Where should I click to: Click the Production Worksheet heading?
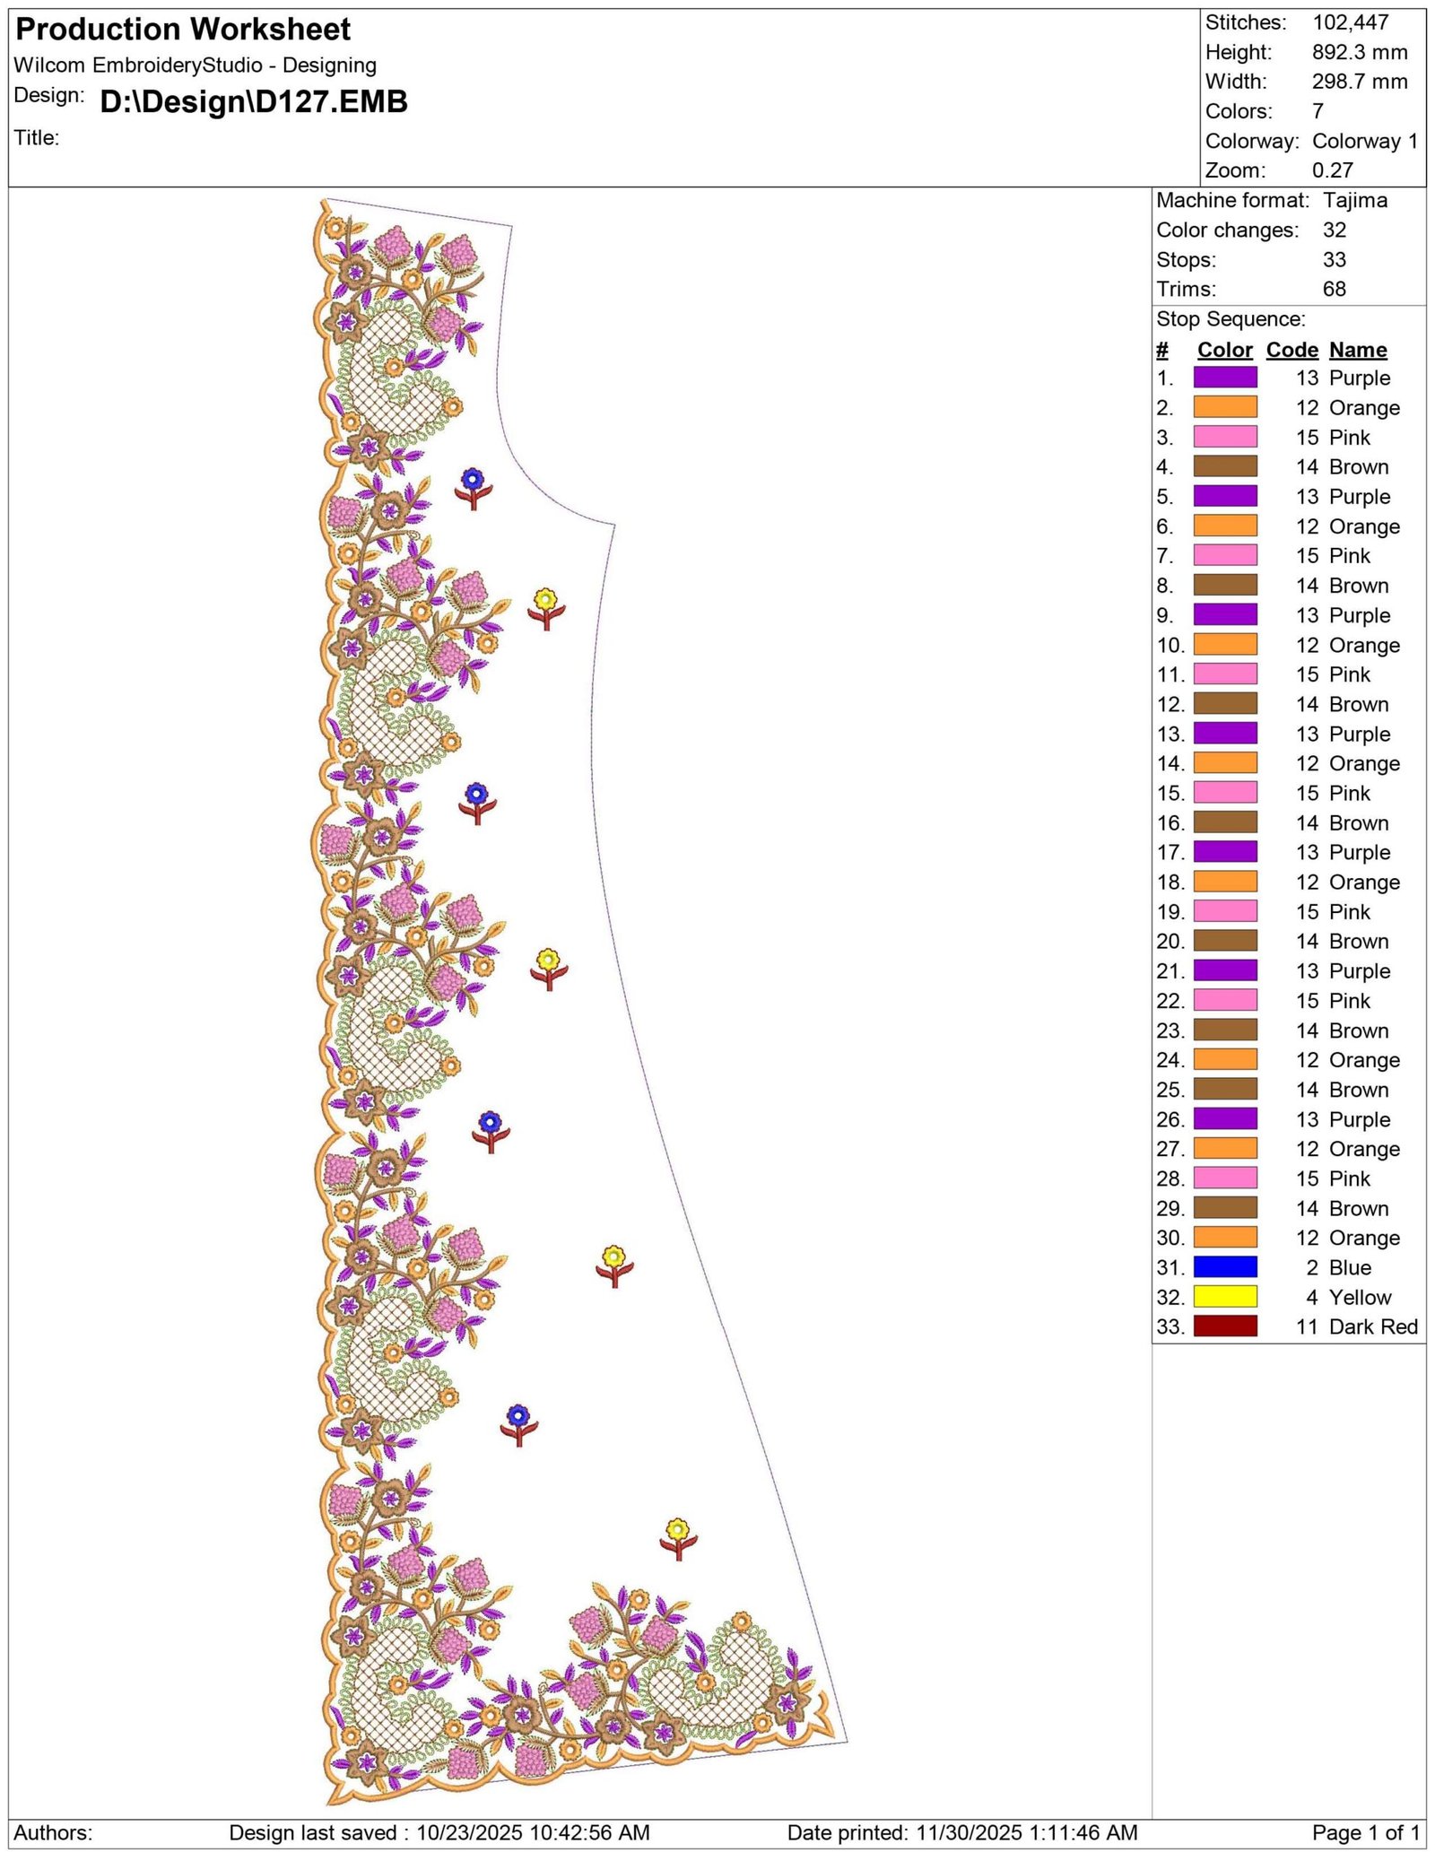click(183, 30)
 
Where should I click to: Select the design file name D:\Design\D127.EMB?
click(254, 101)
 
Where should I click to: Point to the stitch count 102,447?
click(1351, 22)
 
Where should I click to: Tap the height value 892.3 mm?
click(1360, 52)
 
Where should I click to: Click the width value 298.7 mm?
click(1360, 82)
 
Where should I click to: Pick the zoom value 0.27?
click(1333, 170)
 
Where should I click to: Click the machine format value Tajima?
click(1355, 200)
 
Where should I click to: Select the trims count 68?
click(1335, 289)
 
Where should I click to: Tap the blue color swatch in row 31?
click(1225, 1266)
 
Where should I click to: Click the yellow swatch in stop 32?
click(1225, 1296)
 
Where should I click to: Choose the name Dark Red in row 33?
click(1373, 1326)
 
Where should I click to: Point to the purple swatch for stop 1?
click(1225, 378)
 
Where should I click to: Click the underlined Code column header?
click(1291, 350)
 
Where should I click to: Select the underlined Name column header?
click(1358, 350)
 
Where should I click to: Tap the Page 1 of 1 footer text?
click(1366, 1832)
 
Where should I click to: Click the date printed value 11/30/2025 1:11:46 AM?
click(1027, 1832)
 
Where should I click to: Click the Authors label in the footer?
click(53, 1832)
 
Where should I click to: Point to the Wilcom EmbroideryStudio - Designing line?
click(195, 65)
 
